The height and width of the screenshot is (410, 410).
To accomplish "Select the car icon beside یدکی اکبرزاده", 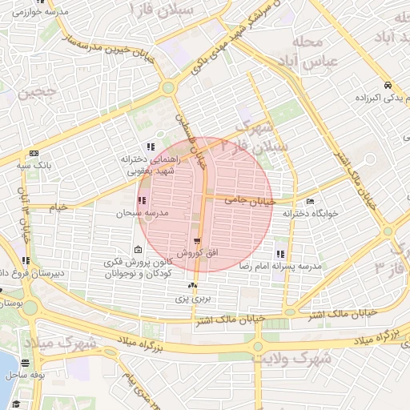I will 388,85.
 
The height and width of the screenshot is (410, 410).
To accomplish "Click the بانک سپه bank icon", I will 34,153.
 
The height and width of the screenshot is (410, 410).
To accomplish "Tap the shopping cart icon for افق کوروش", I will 197,240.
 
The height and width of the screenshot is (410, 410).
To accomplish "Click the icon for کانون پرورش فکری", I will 139,251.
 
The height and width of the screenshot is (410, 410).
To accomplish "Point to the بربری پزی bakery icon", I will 192,286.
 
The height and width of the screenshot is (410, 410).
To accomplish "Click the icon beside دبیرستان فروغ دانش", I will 26,260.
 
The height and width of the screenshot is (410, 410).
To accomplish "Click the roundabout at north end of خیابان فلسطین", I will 168,88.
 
